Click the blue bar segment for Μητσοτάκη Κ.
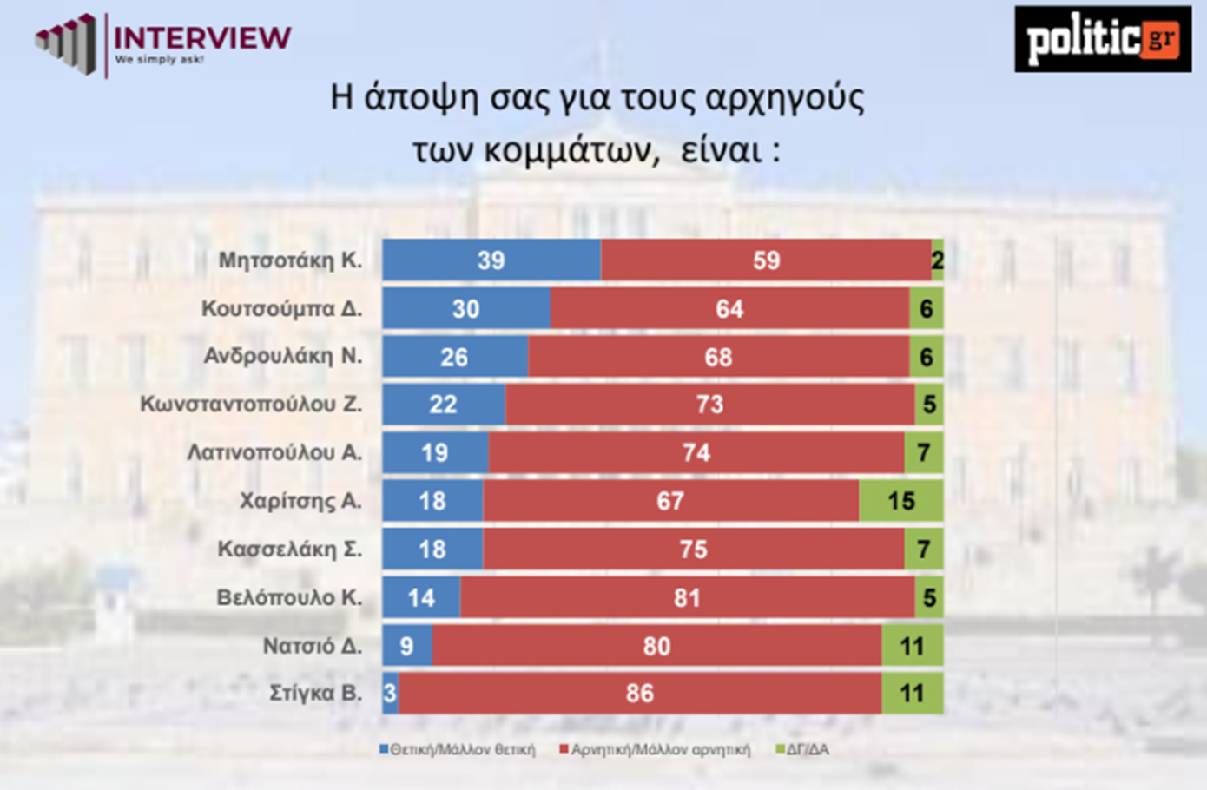point(491,260)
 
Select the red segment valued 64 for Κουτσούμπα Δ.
point(729,308)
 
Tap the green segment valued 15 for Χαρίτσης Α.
point(900,501)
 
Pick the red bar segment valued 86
point(640,693)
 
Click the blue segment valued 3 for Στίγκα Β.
point(390,693)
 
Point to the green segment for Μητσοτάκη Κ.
point(938,260)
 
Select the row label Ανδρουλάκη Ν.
point(283,356)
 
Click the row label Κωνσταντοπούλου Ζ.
point(251,405)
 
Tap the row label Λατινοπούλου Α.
point(274,452)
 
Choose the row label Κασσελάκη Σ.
point(289,550)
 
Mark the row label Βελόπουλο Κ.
point(289,597)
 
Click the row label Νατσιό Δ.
point(313,646)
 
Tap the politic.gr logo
point(1102,39)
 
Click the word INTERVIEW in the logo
point(202,37)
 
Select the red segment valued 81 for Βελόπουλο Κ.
point(687,597)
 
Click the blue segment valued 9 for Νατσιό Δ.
point(406,646)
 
